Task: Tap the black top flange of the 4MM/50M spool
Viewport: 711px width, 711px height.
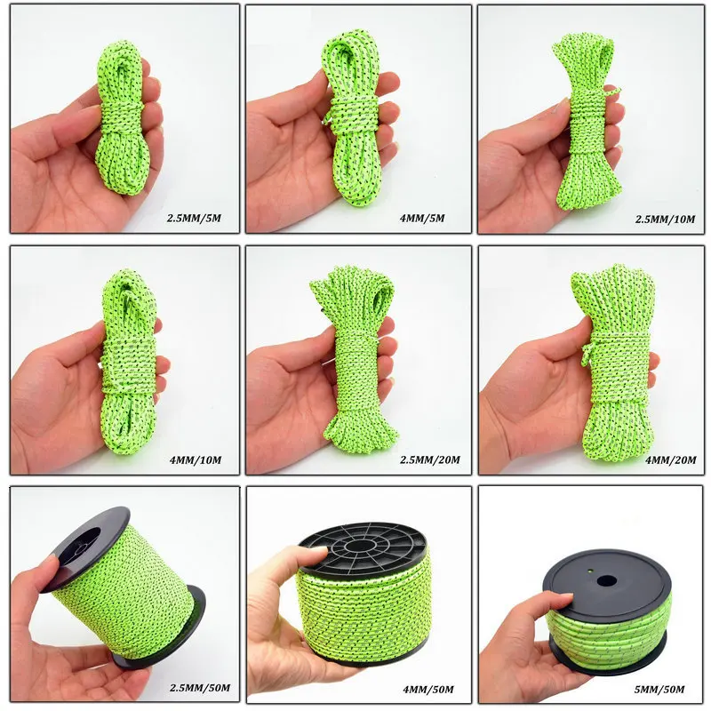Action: pos(364,545)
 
